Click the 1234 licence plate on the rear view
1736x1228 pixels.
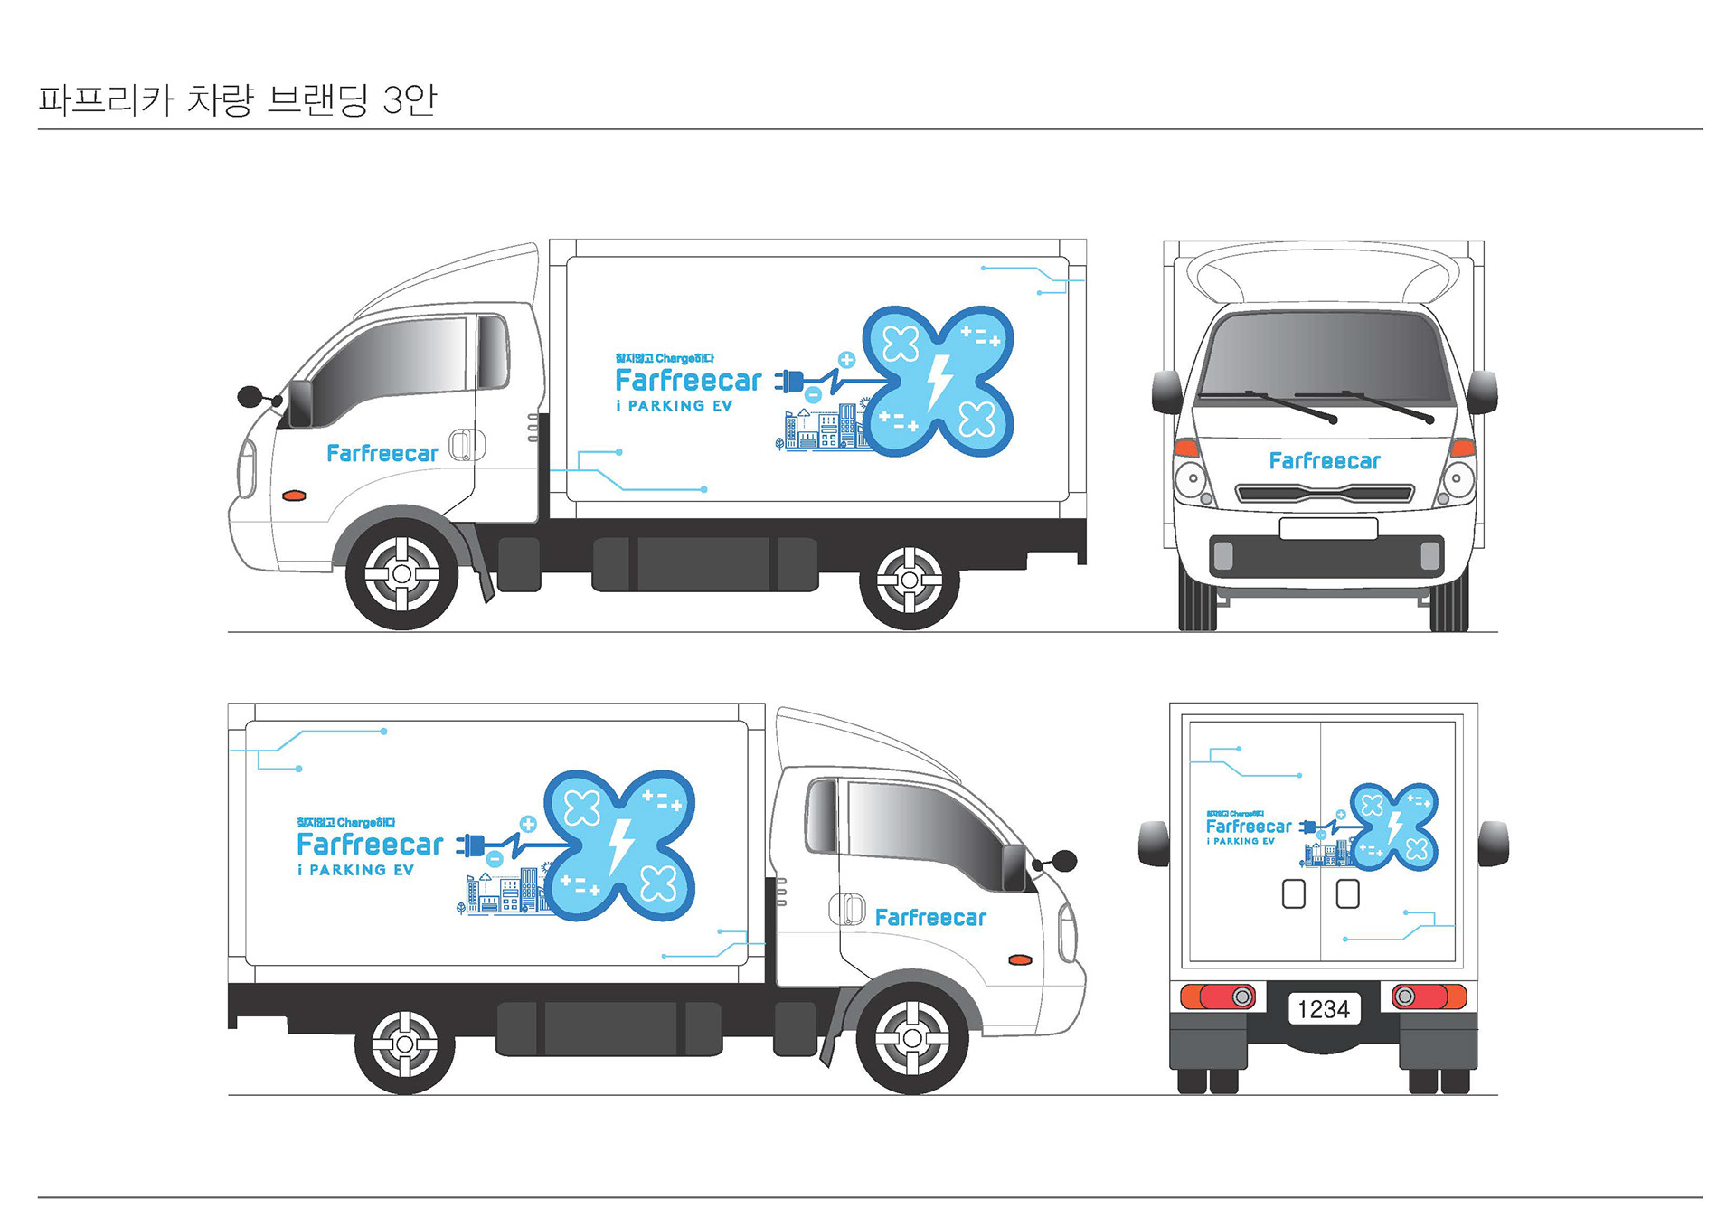(1323, 1008)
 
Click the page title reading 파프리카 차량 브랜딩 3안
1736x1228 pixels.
(237, 99)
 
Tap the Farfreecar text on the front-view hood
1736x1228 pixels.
(1325, 461)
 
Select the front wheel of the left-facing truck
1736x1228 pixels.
(402, 574)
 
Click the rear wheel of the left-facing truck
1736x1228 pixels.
(910, 580)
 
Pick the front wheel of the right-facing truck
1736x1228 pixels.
(912, 1038)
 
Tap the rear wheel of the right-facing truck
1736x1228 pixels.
(404, 1044)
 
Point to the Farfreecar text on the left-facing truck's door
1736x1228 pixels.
(382, 453)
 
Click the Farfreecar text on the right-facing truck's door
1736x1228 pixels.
(930, 918)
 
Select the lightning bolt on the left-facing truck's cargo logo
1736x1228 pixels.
(939, 381)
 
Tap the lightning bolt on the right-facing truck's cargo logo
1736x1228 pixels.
(620, 845)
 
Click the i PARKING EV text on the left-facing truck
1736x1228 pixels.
(674, 407)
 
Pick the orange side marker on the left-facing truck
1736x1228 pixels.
(294, 496)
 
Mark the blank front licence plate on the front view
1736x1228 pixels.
(1328, 528)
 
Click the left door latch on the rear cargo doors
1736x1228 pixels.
(1294, 893)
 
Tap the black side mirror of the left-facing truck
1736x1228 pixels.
(250, 395)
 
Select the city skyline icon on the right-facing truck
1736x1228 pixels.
(502, 893)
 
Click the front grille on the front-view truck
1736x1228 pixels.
(1325, 494)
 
